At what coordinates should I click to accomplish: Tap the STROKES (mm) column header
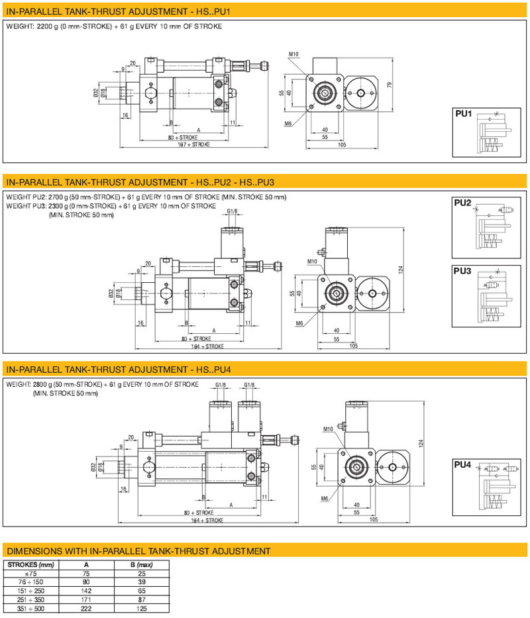click(30, 565)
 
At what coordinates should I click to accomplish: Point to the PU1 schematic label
click(463, 114)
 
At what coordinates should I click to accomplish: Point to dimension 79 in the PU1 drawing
click(390, 84)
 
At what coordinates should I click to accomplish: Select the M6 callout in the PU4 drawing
click(326, 498)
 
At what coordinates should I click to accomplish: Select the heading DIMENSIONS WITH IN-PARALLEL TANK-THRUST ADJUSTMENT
click(138, 550)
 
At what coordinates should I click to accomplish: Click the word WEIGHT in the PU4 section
click(17, 384)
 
